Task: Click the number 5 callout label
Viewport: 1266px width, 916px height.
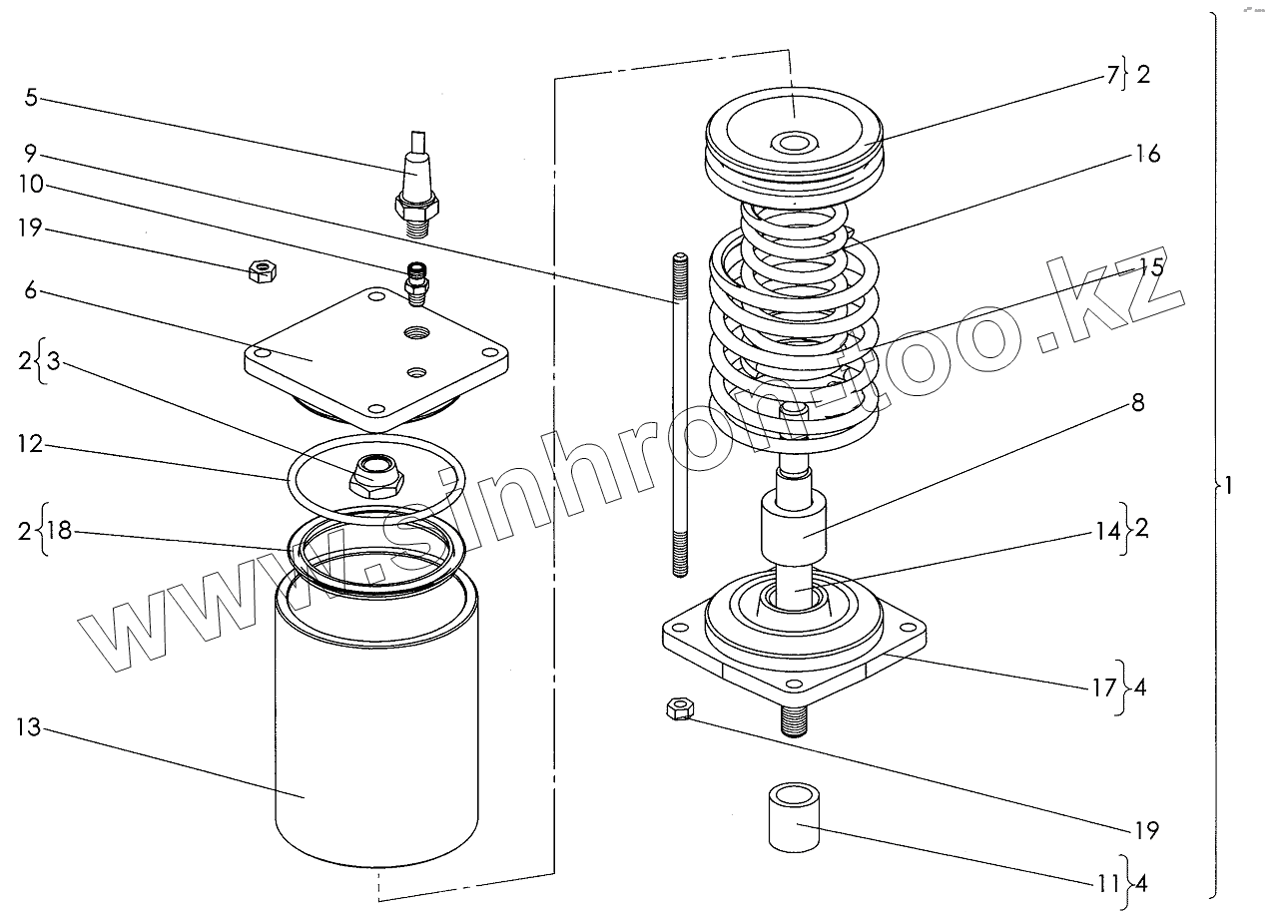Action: [x=31, y=99]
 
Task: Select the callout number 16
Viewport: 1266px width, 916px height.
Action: [x=1147, y=155]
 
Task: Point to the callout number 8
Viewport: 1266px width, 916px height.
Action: [x=1137, y=403]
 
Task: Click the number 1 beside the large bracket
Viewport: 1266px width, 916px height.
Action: [x=1229, y=486]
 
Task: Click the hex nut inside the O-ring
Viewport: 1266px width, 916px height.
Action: [x=375, y=475]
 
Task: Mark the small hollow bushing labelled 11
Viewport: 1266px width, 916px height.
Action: [x=794, y=815]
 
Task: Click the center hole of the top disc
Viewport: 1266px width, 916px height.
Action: [x=795, y=144]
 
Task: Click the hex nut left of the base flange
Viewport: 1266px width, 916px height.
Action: [x=681, y=709]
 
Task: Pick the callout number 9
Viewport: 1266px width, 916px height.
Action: [x=31, y=155]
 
